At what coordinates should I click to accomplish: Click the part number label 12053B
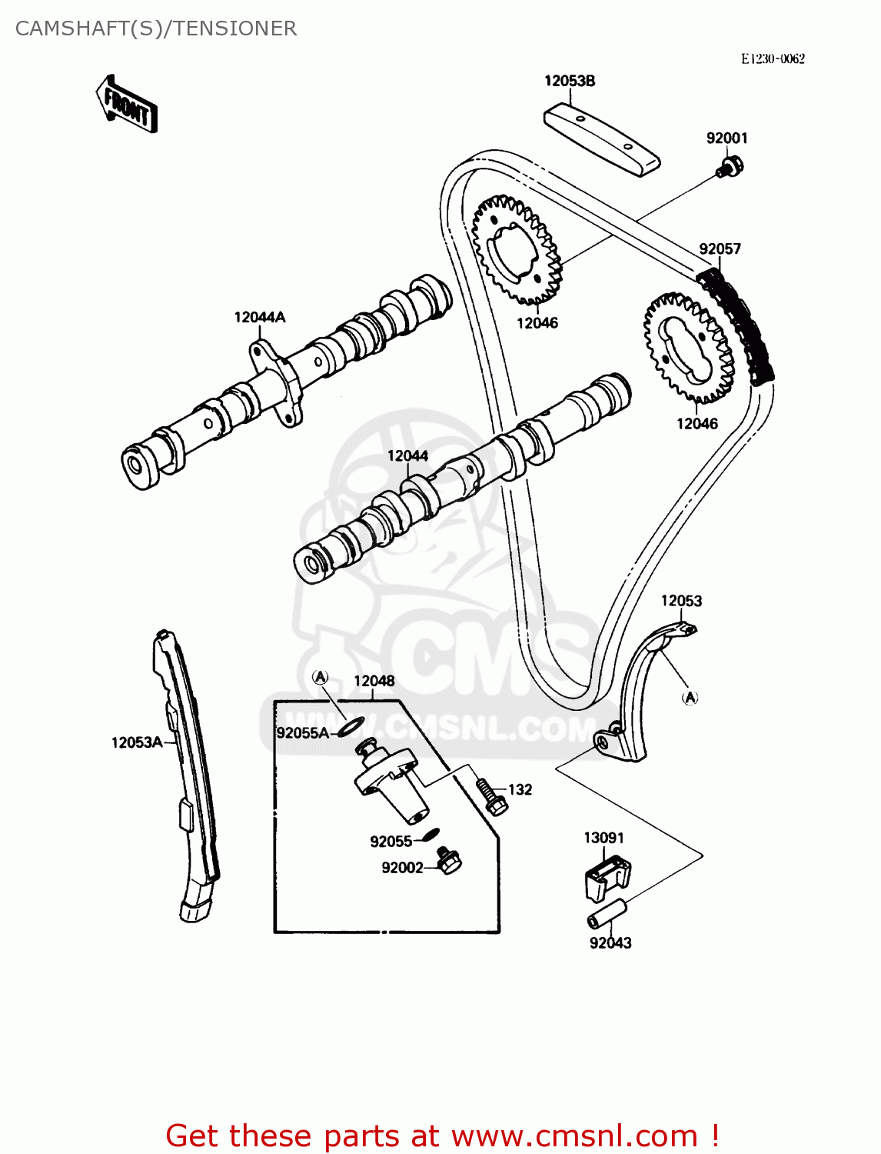[x=570, y=81]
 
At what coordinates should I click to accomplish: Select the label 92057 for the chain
[x=720, y=248]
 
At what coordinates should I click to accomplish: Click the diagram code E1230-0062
[x=773, y=58]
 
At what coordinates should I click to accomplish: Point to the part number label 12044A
[x=260, y=317]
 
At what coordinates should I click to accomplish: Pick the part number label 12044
[x=407, y=455]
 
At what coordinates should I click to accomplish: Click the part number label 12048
[x=374, y=681]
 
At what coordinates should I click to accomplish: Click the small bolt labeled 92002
[x=447, y=860]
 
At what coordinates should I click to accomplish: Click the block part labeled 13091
[x=607, y=876]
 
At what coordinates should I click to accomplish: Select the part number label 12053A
[x=137, y=742]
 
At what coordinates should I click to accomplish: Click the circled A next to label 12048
[x=321, y=677]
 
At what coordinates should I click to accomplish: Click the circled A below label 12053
[x=690, y=697]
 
